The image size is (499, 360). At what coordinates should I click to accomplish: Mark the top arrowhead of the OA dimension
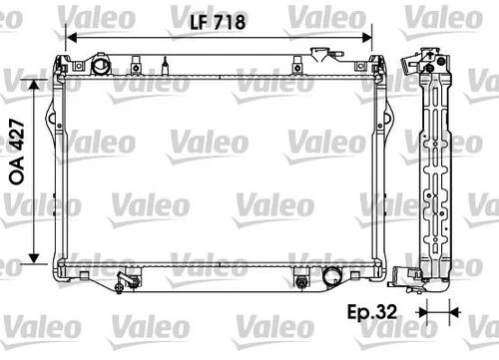point(39,87)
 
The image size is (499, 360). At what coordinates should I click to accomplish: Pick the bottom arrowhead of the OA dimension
point(39,254)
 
